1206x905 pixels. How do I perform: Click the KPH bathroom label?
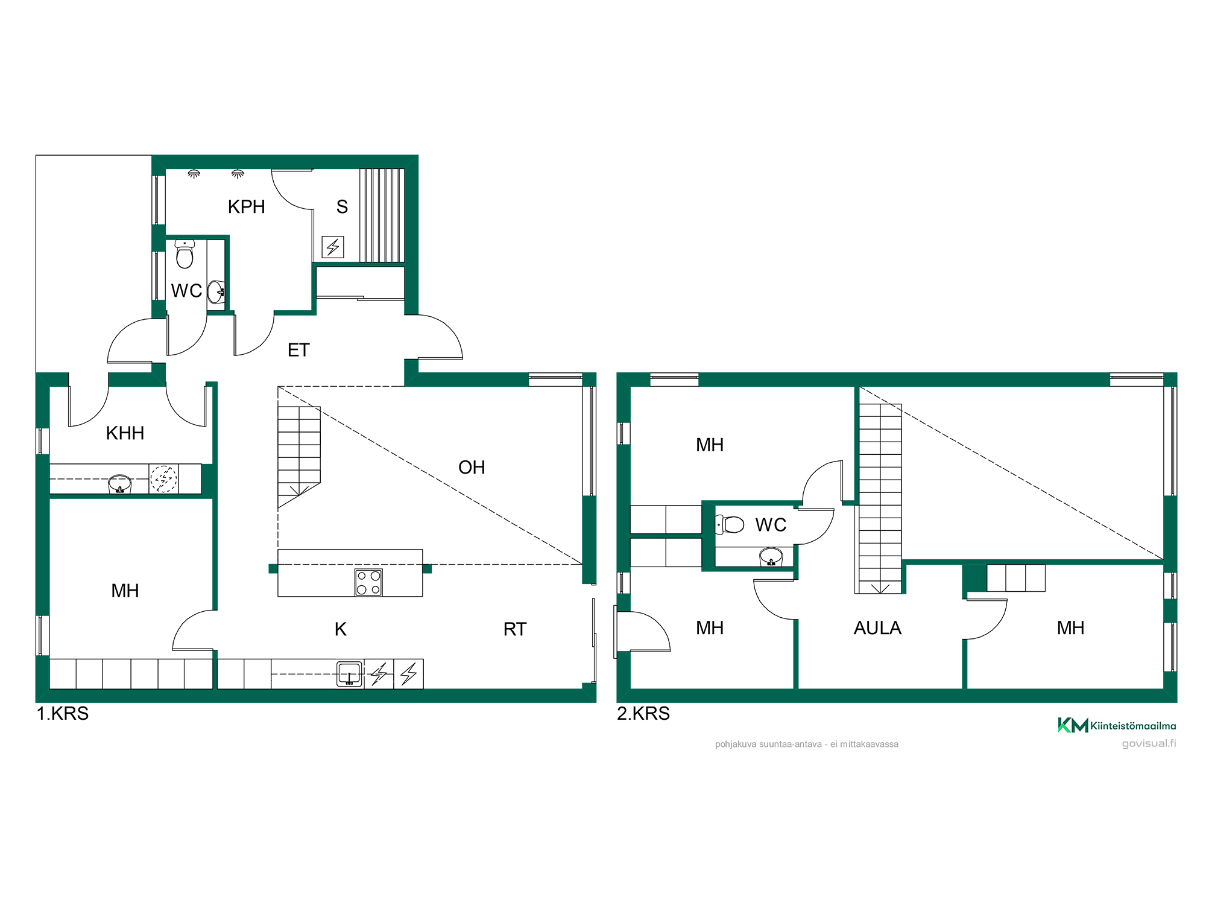pyautogui.click(x=246, y=207)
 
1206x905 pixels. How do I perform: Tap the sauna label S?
pyautogui.click(x=342, y=207)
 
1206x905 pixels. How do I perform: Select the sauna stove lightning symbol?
pyautogui.click(x=333, y=247)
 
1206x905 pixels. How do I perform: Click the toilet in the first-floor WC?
pyautogui.click(x=185, y=254)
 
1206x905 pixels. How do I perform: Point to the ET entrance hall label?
pyautogui.click(x=298, y=350)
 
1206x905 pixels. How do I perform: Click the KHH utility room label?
pyautogui.click(x=125, y=433)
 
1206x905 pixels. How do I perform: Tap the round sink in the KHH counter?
pyautogui.click(x=119, y=483)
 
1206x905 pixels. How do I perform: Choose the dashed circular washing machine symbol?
pyautogui.click(x=163, y=479)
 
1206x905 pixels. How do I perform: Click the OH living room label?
pyautogui.click(x=472, y=468)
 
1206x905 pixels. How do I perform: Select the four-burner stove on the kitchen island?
pyautogui.click(x=368, y=582)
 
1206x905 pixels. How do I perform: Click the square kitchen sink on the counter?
pyautogui.click(x=350, y=674)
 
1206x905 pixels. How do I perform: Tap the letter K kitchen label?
pyautogui.click(x=341, y=629)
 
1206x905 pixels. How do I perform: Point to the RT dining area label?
pyautogui.click(x=515, y=629)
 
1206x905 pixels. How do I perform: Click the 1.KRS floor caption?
pyautogui.click(x=63, y=714)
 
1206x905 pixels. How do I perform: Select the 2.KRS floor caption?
pyautogui.click(x=643, y=714)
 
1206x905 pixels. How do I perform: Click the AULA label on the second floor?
pyautogui.click(x=877, y=628)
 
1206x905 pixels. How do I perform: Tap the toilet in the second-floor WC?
pyautogui.click(x=730, y=524)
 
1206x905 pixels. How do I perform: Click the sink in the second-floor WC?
pyautogui.click(x=771, y=556)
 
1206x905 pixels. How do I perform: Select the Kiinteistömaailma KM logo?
pyautogui.click(x=1117, y=725)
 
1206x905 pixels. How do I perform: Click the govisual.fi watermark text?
pyautogui.click(x=1149, y=743)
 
